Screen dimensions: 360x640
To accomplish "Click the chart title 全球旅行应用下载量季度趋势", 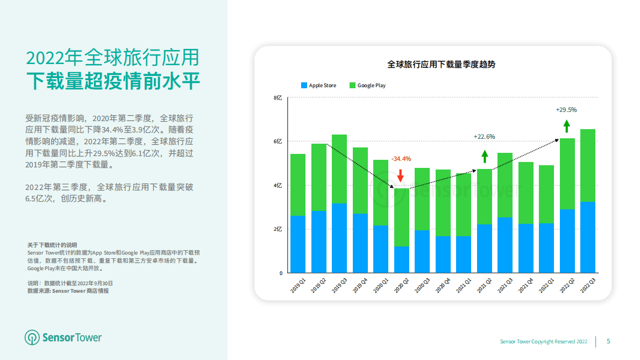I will [x=441, y=64].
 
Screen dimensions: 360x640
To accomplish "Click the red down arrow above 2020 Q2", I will [x=400, y=175].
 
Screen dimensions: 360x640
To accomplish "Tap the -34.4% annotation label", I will [x=401, y=159].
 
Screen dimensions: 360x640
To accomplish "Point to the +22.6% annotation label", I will [x=484, y=137].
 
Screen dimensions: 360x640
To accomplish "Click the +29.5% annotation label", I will [x=566, y=110].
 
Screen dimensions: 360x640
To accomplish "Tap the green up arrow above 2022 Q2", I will [x=566, y=126].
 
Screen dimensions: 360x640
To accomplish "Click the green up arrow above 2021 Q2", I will [x=485, y=156].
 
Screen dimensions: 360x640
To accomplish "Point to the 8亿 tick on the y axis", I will [x=278, y=98].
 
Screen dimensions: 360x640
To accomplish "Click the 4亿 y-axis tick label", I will [x=278, y=186].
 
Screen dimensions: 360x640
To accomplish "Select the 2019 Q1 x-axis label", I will [x=298, y=286].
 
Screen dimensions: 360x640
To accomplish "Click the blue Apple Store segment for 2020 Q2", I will [x=401, y=259].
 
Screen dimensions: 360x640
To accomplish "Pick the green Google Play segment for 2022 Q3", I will [x=587, y=165].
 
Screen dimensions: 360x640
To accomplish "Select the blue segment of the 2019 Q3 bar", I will [x=339, y=238].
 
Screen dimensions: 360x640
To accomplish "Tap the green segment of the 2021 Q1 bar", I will [x=463, y=204].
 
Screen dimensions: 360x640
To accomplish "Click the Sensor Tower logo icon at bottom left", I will [x=32, y=337].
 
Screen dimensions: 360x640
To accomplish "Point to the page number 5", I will [x=608, y=341].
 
